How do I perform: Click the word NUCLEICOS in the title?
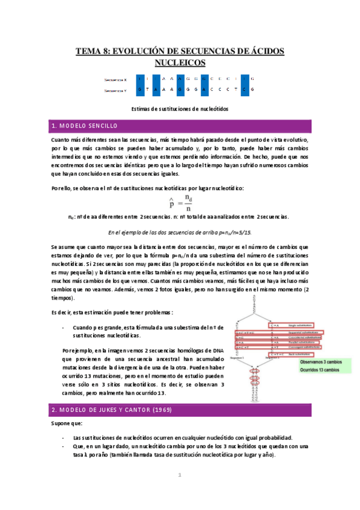pos(180,62)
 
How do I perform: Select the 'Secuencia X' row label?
pos(115,79)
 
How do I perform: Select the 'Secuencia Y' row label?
pos(115,90)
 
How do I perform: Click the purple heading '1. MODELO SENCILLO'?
pos(84,126)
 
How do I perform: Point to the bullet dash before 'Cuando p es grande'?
pos(64,327)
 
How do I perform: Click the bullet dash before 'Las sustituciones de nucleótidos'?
pos(64,437)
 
